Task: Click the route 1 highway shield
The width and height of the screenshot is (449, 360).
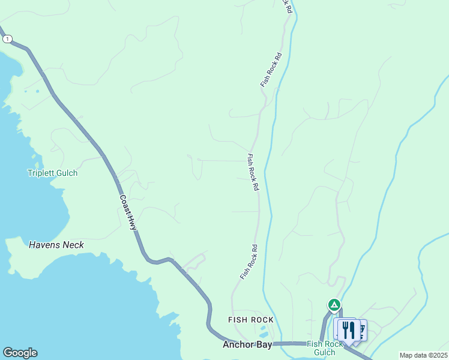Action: point(7,39)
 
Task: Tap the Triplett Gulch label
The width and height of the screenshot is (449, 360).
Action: point(53,173)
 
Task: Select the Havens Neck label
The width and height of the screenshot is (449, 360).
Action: point(56,245)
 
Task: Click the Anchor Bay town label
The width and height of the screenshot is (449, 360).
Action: point(247,345)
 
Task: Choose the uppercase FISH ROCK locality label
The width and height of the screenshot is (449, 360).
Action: point(251,320)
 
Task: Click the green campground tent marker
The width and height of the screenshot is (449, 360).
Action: point(334,305)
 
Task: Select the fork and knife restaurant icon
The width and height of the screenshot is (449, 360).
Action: point(348,329)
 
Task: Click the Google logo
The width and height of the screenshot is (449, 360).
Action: point(20,353)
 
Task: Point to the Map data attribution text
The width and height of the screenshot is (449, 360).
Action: point(423,355)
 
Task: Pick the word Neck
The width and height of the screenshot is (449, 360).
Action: point(73,245)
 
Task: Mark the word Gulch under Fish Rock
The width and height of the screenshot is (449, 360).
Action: point(325,352)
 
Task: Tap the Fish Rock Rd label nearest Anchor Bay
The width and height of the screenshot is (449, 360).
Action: point(249,262)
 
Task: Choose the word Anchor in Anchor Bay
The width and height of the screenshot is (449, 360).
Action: point(238,345)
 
